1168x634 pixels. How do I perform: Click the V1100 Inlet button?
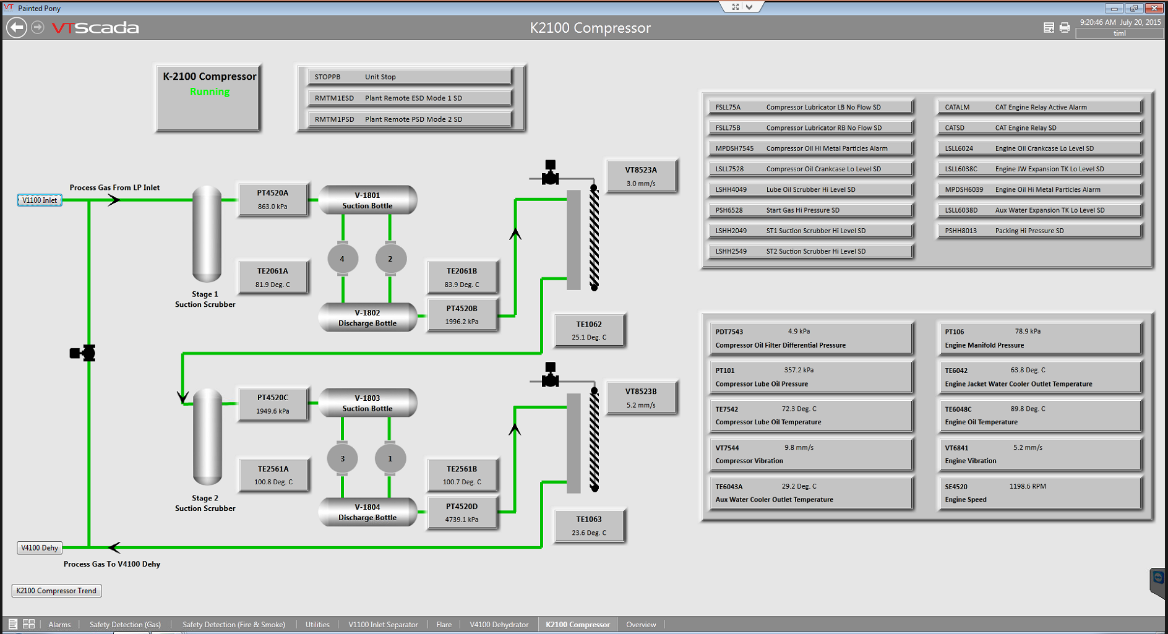pyautogui.click(x=39, y=200)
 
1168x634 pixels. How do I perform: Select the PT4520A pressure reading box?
pyautogui.click(x=273, y=199)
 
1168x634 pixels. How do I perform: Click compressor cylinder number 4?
pyautogui.click(x=342, y=259)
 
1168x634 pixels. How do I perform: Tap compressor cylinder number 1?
pyautogui.click(x=390, y=459)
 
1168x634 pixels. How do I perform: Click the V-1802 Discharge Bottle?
pyautogui.click(x=367, y=317)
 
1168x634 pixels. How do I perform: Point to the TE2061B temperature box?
pyautogui.click(x=462, y=277)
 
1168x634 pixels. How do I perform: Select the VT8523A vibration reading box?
pyautogui.click(x=641, y=176)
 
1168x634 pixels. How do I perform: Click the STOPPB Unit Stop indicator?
pyautogui.click(x=410, y=77)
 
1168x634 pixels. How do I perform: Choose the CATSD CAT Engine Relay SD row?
pyautogui.click(x=1039, y=127)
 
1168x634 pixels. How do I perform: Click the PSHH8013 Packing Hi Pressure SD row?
pyautogui.click(x=1039, y=231)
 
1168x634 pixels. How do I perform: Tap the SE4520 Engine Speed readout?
pyautogui.click(x=1039, y=492)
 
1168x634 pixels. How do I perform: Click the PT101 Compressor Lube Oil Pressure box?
pyautogui.click(x=810, y=377)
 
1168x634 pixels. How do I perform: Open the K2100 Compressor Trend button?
pyautogui.click(x=56, y=591)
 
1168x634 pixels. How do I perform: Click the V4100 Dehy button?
pyautogui.click(x=40, y=547)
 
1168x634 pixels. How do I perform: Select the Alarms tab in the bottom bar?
pyautogui.click(x=59, y=625)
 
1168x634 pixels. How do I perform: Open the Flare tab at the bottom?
pyautogui.click(x=444, y=625)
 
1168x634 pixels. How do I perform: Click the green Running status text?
pyautogui.click(x=209, y=92)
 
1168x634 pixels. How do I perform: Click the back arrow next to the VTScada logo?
pyautogui.click(x=17, y=27)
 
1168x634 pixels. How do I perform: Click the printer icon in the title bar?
pyautogui.click(x=1064, y=27)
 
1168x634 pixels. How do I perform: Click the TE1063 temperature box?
pyautogui.click(x=589, y=525)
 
